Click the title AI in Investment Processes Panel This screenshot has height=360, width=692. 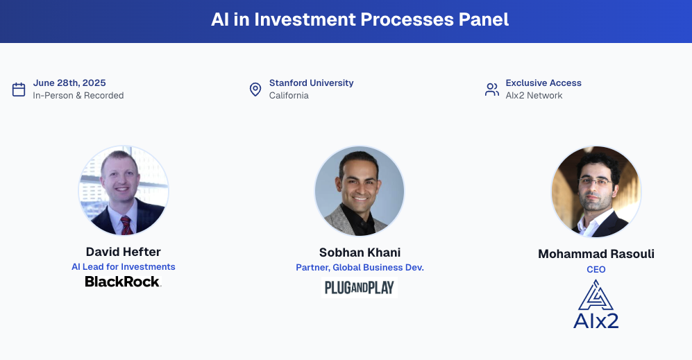(360, 19)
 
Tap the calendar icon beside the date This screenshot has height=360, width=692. (19, 89)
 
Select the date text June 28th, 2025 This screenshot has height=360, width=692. (69, 83)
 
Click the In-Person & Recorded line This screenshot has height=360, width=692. (78, 96)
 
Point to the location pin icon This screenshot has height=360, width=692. (255, 89)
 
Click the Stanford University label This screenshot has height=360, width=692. (311, 83)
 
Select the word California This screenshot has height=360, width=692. (289, 96)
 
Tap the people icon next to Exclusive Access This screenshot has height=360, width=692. (492, 89)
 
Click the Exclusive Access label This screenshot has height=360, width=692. (543, 83)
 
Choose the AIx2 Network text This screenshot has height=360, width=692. (534, 96)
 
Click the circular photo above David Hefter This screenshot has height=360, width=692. (124, 191)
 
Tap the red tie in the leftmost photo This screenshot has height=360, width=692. (126, 224)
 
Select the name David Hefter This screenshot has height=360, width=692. (124, 252)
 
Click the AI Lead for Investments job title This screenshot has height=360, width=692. (124, 266)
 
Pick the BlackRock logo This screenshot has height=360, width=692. (123, 282)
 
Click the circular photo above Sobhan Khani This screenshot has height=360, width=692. (360, 191)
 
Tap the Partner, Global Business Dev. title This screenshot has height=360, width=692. (360, 267)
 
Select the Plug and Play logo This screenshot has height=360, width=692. (360, 287)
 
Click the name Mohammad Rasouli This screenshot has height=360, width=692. (596, 254)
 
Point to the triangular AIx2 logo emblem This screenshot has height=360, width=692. (596, 295)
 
